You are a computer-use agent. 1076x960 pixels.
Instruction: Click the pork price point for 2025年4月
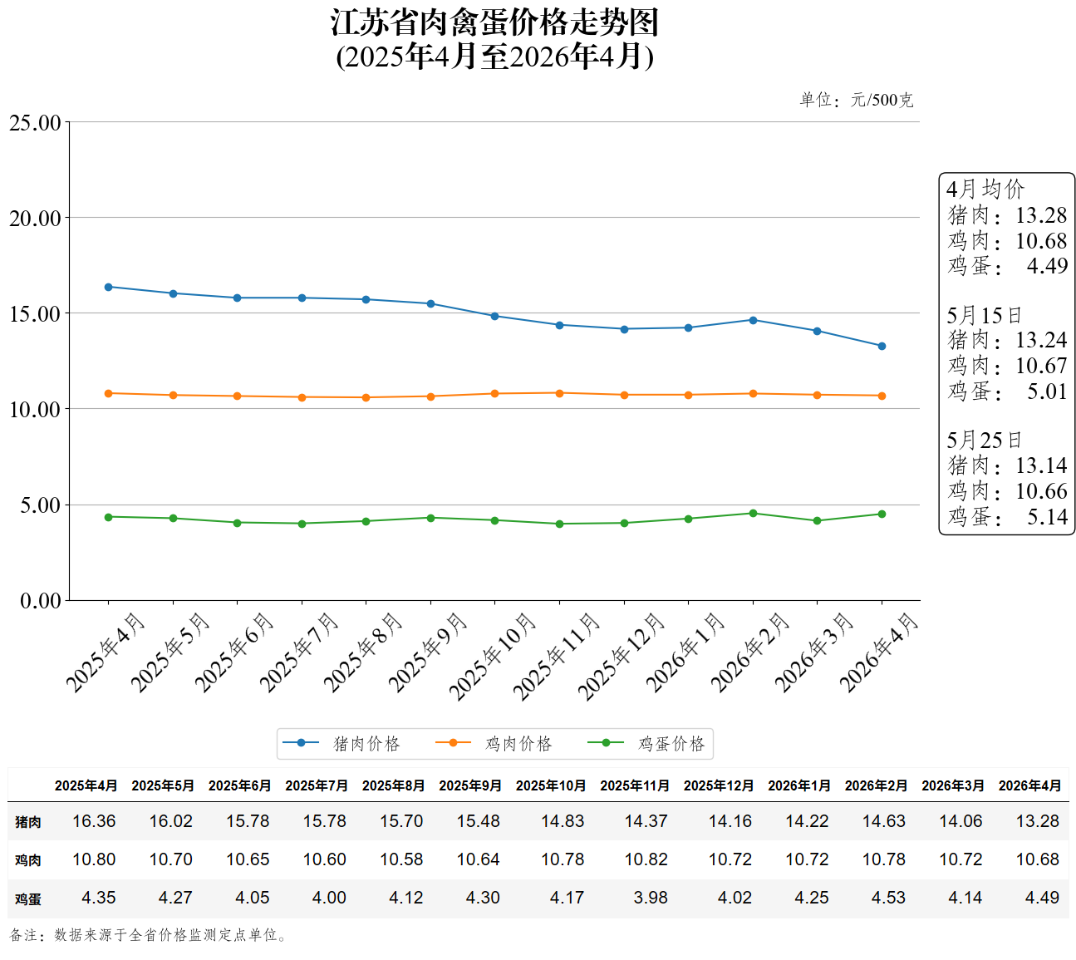(x=108, y=287)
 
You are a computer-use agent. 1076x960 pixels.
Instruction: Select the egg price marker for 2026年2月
(x=753, y=513)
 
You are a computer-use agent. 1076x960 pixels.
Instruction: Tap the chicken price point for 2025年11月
(x=559, y=393)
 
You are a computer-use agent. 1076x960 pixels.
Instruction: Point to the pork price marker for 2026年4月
(x=882, y=346)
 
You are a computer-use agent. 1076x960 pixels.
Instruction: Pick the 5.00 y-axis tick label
(x=41, y=505)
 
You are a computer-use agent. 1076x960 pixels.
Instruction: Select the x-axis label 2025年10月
(x=492, y=657)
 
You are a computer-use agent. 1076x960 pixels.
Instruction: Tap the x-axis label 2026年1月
(x=685, y=653)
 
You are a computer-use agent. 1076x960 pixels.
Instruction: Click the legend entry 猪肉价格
(x=341, y=743)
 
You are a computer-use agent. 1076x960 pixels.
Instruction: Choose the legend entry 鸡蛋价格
(x=646, y=743)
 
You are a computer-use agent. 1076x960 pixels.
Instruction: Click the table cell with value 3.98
(x=650, y=898)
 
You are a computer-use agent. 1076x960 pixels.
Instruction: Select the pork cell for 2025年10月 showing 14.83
(x=562, y=821)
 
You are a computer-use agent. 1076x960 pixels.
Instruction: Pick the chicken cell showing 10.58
(x=401, y=859)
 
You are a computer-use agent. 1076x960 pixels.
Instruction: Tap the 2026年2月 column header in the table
(x=876, y=785)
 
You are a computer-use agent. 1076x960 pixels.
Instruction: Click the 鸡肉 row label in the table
(x=28, y=860)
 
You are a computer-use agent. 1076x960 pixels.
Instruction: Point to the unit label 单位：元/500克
(x=856, y=100)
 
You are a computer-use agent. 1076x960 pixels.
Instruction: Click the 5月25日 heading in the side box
(x=984, y=440)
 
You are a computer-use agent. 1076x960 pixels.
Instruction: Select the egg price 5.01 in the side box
(x=1046, y=391)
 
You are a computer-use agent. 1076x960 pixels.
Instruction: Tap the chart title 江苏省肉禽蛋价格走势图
(x=494, y=22)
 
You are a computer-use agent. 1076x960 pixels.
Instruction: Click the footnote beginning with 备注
(x=150, y=934)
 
